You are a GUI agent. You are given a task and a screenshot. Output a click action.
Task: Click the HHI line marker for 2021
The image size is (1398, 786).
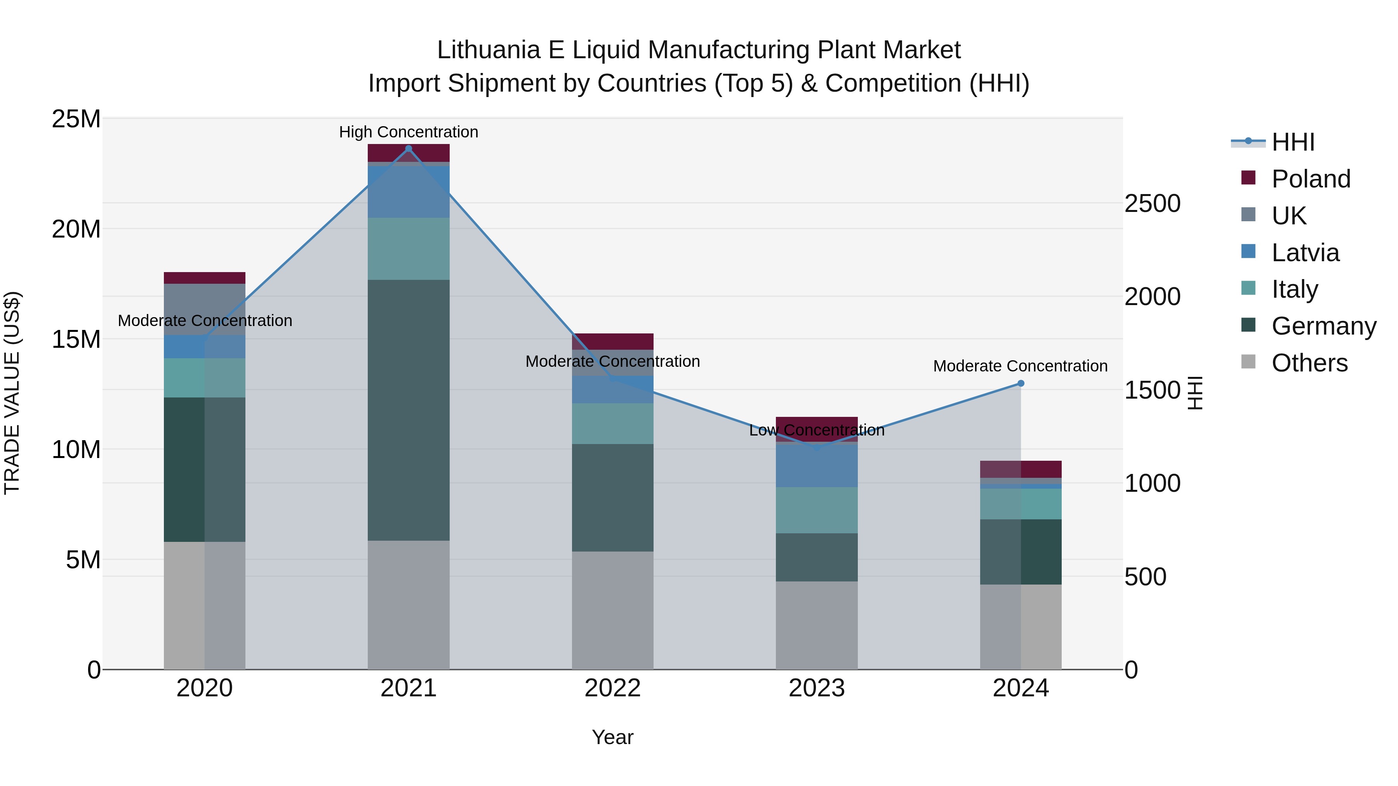(x=409, y=149)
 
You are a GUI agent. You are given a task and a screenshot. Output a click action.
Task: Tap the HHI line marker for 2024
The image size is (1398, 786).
(x=1021, y=383)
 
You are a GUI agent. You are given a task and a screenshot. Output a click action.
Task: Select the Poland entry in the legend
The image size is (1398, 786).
(x=1311, y=179)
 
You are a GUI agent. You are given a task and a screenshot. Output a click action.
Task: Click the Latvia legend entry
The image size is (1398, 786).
(x=1305, y=253)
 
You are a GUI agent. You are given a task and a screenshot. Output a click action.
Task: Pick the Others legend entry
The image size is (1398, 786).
(x=1309, y=363)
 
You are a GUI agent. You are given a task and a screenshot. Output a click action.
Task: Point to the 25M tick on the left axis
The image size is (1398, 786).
(x=76, y=119)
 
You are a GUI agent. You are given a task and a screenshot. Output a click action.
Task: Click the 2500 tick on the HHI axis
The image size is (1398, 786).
(x=1152, y=204)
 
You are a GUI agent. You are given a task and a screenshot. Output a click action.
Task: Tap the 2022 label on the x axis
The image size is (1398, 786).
(x=613, y=688)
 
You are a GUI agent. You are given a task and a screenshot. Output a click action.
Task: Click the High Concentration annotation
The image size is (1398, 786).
(x=409, y=132)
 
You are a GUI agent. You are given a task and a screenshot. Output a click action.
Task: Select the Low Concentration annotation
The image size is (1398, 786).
(x=817, y=430)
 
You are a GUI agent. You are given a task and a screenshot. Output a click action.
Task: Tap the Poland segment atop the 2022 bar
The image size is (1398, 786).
(x=613, y=342)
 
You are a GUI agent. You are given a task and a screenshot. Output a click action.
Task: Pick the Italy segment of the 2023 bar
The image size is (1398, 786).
(x=817, y=510)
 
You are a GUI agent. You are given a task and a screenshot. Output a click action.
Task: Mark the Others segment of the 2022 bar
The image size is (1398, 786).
(x=613, y=610)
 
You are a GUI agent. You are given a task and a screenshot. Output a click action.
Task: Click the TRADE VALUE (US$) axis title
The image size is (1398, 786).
(x=12, y=393)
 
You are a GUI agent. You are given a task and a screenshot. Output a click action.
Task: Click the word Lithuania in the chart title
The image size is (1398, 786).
(x=489, y=50)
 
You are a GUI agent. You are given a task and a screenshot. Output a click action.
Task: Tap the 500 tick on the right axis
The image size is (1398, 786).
(x=1145, y=577)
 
